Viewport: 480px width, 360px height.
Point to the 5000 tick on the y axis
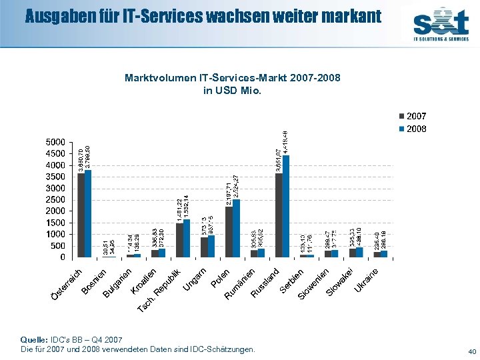pyautogui.click(x=55, y=142)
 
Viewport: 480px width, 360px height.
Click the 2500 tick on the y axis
pyautogui.click(x=55, y=199)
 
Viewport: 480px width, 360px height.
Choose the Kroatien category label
pyautogui.click(x=144, y=280)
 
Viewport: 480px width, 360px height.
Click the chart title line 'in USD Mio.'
pyautogui.click(x=232, y=90)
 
